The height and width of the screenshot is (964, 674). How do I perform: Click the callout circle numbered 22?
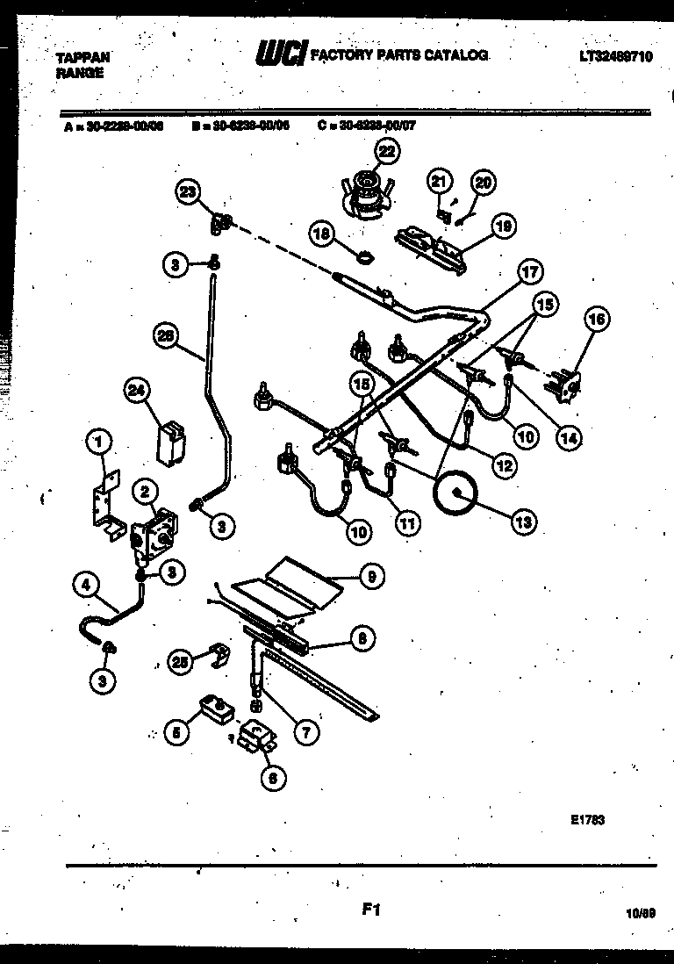pyautogui.click(x=387, y=152)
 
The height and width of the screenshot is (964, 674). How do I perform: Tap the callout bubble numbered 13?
pyautogui.click(x=524, y=522)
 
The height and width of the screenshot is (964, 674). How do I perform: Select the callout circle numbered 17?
pyautogui.click(x=530, y=272)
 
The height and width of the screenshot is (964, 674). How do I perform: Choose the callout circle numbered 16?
pyautogui.click(x=595, y=322)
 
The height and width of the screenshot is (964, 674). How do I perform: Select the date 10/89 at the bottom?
pyautogui.click(x=642, y=913)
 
